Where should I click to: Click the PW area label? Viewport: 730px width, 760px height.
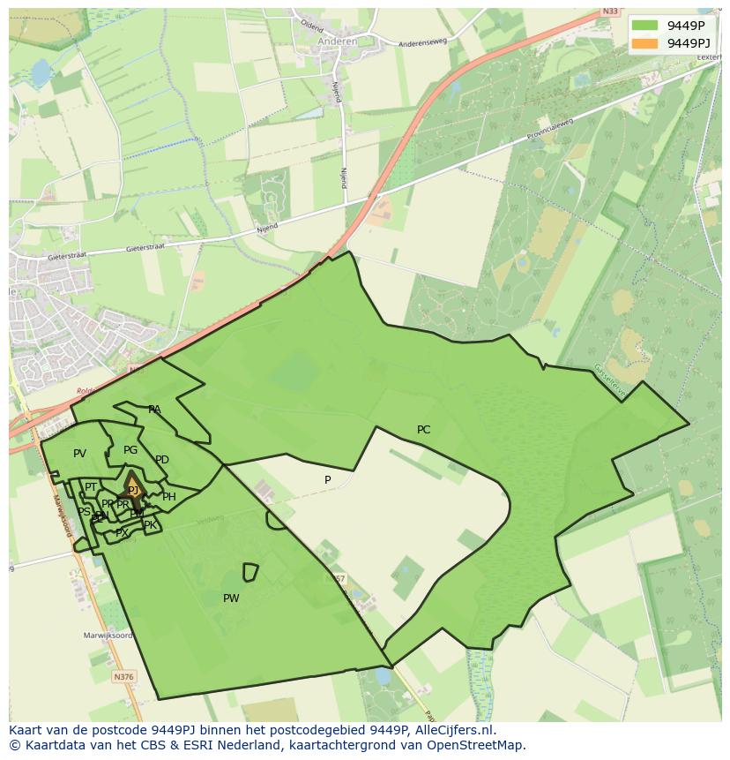click(x=231, y=598)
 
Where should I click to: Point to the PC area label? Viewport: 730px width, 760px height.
click(x=423, y=430)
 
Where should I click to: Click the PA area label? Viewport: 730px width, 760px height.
click(x=154, y=410)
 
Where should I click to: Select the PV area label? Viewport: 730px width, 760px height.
click(x=79, y=454)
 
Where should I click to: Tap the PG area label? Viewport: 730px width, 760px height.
click(x=130, y=450)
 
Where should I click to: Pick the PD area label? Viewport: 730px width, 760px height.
click(x=161, y=460)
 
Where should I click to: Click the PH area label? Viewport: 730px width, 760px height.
click(x=169, y=497)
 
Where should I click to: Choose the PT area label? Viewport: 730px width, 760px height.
click(x=90, y=487)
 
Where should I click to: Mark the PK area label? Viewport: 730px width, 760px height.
click(x=150, y=525)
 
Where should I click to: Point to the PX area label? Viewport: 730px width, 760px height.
click(x=122, y=533)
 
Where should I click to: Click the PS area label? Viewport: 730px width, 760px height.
click(x=84, y=512)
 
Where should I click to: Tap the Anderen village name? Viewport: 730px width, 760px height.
click(x=338, y=41)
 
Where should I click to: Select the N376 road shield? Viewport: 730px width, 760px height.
click(x=124, y=677)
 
